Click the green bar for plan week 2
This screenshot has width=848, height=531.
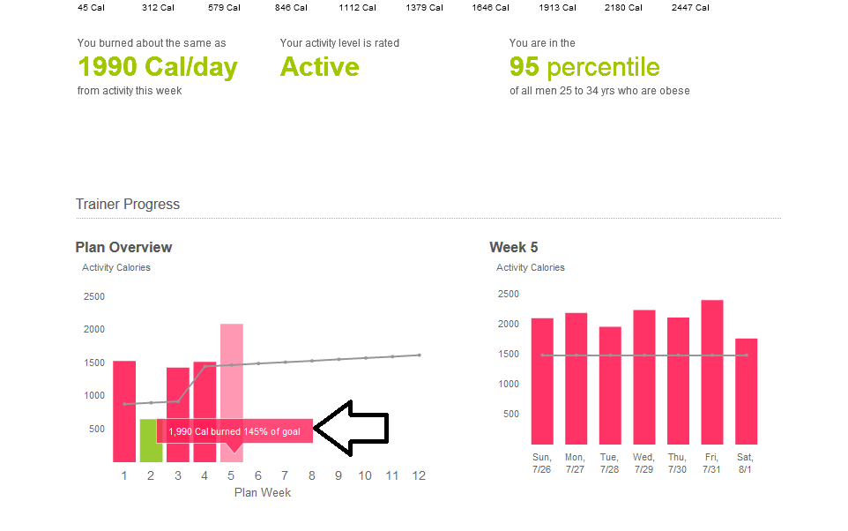151,440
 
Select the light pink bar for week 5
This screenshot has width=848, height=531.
232,370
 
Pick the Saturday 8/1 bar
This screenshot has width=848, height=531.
746,392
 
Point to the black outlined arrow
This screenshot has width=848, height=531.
352,429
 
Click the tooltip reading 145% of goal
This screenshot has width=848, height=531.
234,431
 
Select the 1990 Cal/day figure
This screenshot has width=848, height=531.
157,67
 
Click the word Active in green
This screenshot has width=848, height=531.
319,67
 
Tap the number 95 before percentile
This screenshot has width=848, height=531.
524,67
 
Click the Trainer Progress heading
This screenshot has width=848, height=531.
128,205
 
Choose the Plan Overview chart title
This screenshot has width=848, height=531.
123,248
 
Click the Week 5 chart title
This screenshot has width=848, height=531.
514,248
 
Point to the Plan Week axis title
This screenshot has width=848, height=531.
263,492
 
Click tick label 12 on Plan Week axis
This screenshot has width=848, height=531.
419,476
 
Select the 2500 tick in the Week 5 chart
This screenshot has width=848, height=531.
507,293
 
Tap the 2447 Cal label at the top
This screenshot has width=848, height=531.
690,8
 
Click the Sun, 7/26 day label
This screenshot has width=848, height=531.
542,463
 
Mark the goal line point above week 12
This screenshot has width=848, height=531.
419,355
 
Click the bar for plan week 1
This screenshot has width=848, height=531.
124,411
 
